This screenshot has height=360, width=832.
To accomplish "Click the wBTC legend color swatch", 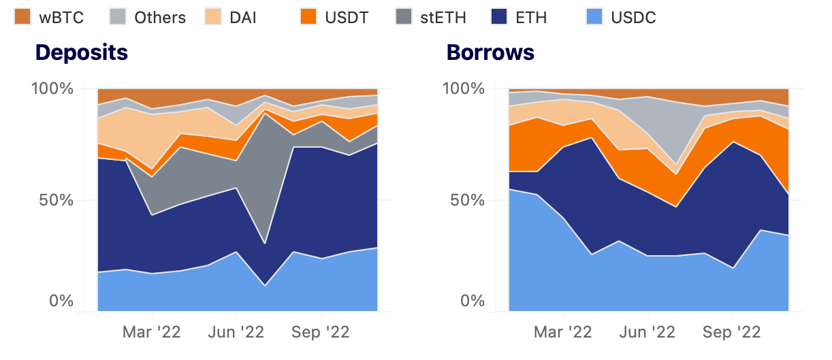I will tap(23, 17).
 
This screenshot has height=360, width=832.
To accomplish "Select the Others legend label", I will tap(160, 17).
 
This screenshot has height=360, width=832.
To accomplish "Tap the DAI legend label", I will tap(243, 17).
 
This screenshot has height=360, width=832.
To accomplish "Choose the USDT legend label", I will tap(347, 17).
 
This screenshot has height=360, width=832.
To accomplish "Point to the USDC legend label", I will tap(633, 17).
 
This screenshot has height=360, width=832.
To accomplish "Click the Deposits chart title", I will tap(82, 52).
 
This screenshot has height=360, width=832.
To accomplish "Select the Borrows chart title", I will tap(490, 52).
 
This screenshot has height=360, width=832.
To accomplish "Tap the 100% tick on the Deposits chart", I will tap(52, 89).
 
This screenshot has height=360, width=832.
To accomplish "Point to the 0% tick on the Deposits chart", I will tap(61, 301).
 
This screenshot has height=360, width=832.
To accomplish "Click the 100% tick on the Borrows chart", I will tap(464, 89).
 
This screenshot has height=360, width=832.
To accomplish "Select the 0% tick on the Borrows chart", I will tap(473, 301).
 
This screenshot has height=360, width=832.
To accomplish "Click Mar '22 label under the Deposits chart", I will tap(152, 332).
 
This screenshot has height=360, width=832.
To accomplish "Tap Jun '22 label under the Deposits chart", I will tap(236, 332).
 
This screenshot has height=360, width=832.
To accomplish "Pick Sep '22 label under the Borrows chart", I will tap(732, 332).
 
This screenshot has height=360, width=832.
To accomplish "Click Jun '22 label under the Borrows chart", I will tap(647, 332).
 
